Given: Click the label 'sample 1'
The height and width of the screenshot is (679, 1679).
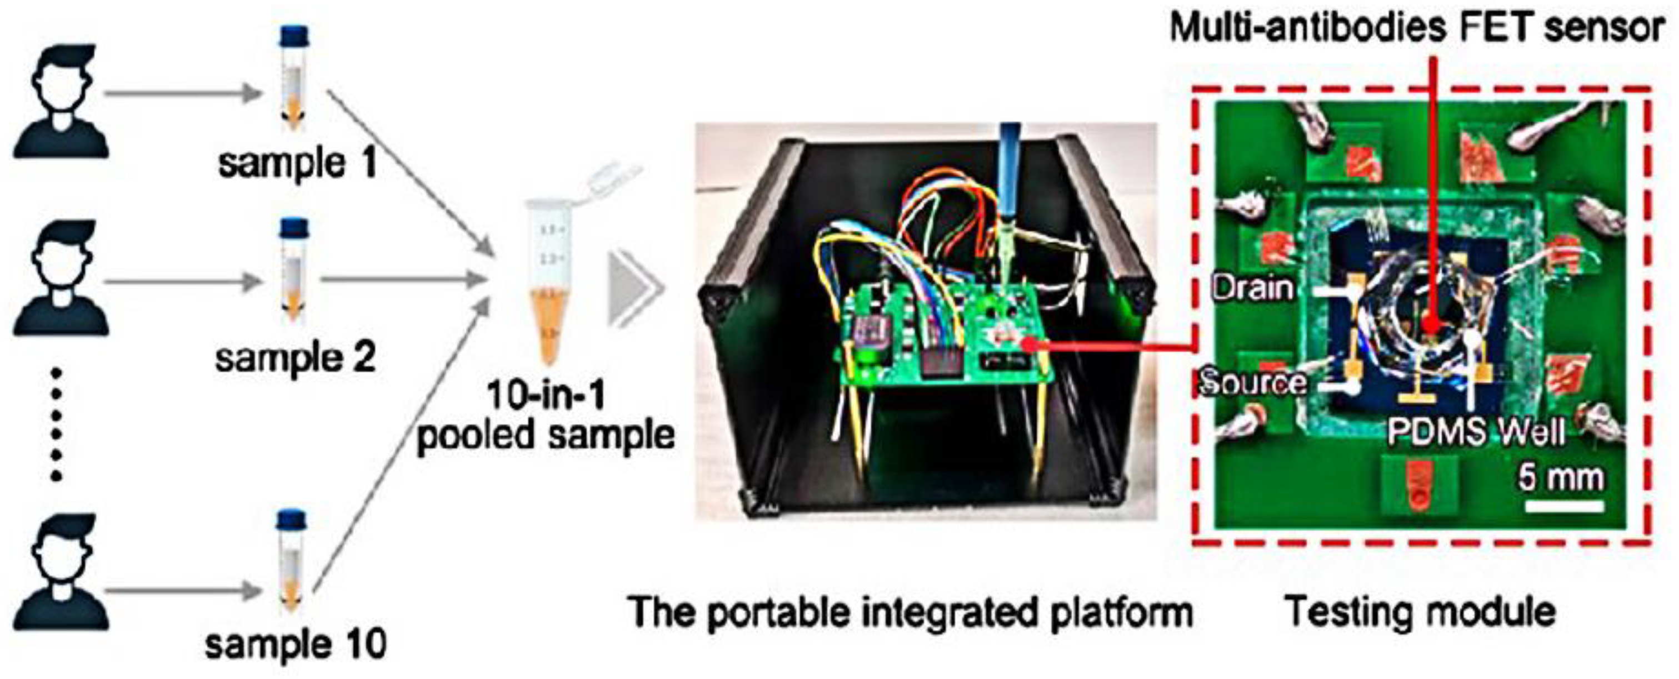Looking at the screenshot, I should click(297, 163).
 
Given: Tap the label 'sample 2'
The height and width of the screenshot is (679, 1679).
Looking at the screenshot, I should click(295, 358).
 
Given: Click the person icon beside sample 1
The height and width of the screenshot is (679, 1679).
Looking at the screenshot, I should click(61, 101).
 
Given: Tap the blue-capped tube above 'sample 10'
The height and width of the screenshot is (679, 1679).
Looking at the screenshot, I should click(291, 561).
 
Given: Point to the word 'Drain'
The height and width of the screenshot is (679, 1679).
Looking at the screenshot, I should click(1252, 288).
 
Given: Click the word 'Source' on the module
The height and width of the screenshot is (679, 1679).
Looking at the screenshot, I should click(1253, 382).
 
